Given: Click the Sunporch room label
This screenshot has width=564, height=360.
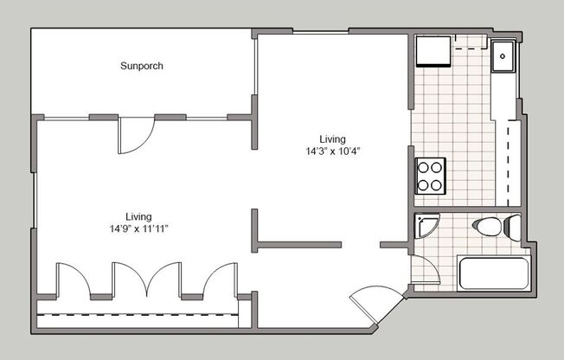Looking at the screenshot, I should click(142, 66).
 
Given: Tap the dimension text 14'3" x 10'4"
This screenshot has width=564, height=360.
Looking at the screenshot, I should click(332, 151).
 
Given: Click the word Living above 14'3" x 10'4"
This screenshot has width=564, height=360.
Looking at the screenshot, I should click(332, 138).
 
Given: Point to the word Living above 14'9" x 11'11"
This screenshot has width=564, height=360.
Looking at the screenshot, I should click(138, 216).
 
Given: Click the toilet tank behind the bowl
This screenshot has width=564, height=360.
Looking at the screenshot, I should click(511, 228).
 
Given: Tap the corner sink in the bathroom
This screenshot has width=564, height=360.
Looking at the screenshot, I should click(425, 224).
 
